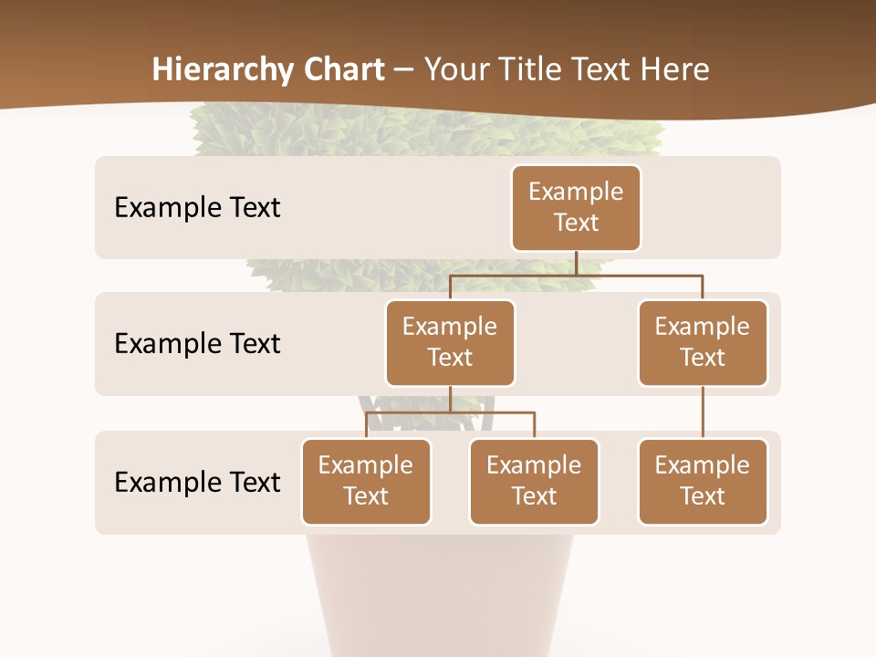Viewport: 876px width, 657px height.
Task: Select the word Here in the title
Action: point(675,69)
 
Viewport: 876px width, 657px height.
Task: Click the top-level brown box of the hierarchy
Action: point(576,207)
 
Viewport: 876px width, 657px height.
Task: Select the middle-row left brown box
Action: point(450,342)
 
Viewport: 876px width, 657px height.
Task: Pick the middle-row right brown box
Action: point(703,342)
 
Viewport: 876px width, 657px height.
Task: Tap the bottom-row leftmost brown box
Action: point(366,481)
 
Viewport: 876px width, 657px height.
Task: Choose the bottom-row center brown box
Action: point(534,481)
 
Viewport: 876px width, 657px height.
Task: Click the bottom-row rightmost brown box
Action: point(703,481)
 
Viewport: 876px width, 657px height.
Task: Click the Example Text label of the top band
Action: point(197,207)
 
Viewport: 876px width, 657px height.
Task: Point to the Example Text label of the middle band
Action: point(197,343)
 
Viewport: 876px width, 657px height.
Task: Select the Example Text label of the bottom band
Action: point(197,482)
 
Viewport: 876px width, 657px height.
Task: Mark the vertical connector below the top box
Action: point(576,263)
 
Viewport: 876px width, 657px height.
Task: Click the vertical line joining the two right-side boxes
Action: point(703,412)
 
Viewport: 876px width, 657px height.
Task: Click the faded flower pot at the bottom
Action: point(438,593)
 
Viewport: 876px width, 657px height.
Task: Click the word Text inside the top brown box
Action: point(576,223)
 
